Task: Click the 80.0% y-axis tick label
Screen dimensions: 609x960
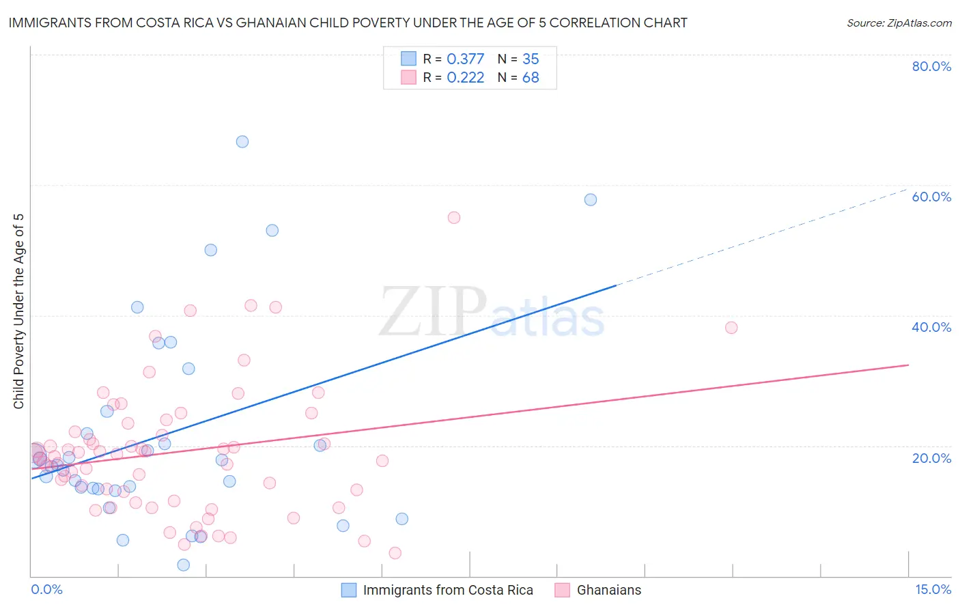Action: [931, 66]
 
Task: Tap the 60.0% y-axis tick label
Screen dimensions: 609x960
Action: [931, 197]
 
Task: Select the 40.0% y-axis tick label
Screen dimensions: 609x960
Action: [931, 327]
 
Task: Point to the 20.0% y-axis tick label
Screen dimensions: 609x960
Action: [931, 457]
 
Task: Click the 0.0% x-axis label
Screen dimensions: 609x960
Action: [46, 589]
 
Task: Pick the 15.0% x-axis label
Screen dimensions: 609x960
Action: [933, 589]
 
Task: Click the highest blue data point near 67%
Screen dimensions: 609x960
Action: [242, 141]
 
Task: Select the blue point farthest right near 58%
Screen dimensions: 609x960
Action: [591, 199]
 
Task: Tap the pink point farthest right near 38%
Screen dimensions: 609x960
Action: [731, 328]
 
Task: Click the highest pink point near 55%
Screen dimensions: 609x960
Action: [454, 218]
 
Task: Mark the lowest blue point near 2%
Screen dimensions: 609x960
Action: [184, 565]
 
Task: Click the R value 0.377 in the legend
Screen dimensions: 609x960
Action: [465, 59]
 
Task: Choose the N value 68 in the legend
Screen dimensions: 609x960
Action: [531, 78]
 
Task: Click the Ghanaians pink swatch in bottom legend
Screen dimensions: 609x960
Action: [562, 590]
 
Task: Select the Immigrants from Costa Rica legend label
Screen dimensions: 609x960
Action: [448, 590]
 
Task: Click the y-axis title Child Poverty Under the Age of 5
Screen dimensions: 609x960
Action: [19, 311]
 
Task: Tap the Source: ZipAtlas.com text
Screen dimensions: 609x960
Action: [899, 23]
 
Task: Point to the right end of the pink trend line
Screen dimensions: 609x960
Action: [908, 365]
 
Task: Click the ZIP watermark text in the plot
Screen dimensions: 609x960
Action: [433, 312]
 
